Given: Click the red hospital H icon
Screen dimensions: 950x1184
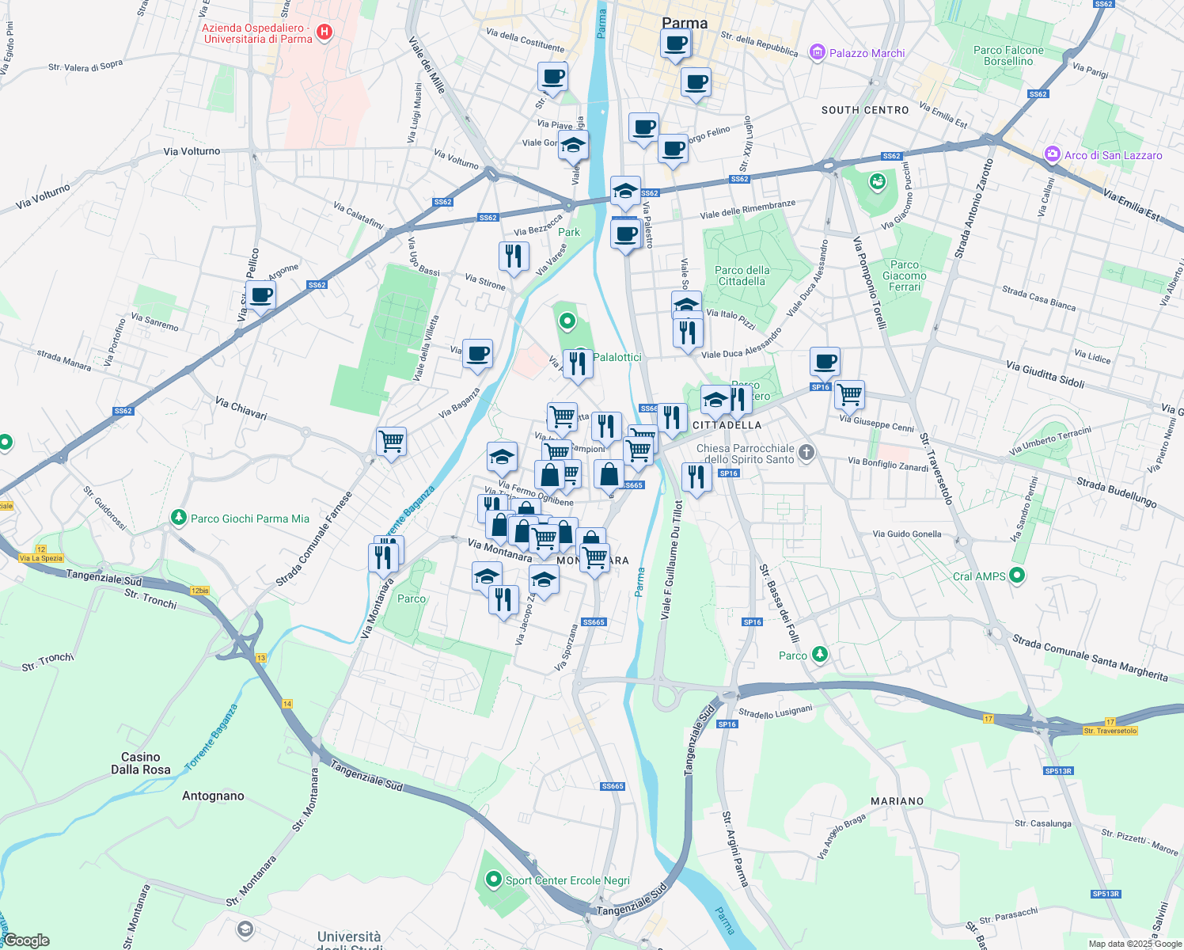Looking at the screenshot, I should [324, 32].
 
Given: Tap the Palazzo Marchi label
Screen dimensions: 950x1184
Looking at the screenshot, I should [867, 53].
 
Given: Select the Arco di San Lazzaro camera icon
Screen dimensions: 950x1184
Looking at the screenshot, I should [1052, 154].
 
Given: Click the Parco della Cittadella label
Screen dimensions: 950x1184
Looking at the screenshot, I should [742, 275].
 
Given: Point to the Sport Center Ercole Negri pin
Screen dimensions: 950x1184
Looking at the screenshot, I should [494, 880].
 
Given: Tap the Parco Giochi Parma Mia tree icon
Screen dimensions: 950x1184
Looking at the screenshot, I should [179, 518].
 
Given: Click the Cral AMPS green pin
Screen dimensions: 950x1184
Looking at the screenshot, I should [1018, 576].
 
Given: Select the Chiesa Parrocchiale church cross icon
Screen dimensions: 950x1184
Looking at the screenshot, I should [806, 453].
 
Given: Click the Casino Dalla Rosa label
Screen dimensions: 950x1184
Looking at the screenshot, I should [141, 763].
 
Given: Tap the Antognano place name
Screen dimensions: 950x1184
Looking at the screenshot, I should [213, 796].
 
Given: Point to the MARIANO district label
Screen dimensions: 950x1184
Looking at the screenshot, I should [897, 801].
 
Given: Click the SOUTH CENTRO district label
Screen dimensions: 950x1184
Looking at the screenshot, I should [865, 110].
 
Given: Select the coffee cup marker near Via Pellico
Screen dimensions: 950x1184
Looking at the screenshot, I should [260, 296].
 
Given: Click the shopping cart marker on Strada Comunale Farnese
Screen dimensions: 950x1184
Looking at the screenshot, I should [391, 442].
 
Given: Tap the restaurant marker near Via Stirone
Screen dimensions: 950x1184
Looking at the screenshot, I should [514, 256].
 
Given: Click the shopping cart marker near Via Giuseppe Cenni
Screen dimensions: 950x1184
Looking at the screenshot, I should [849, 393].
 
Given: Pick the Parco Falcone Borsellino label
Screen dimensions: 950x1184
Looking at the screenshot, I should [1008, 55].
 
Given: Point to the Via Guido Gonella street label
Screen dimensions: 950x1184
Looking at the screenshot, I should [907, 534].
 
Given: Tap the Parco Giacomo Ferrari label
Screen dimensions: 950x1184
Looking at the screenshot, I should [905, 275].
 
